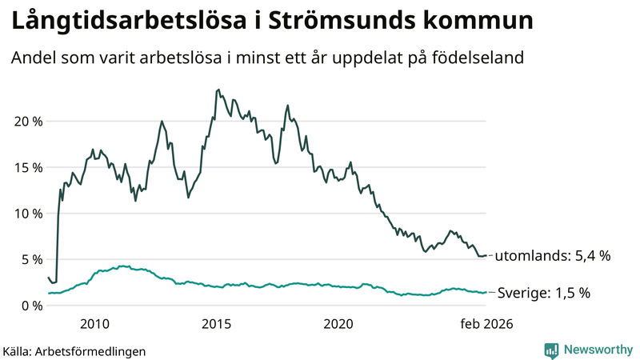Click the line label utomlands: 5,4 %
click(x=552, y=256)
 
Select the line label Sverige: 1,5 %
click(x=544, y=293)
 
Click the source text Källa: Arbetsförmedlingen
click(x=74, y=350)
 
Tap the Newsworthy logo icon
click(x=551, y=350)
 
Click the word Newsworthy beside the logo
click(x=596, y=350)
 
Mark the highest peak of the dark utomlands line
click(x=218, y=90)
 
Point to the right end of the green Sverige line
click(x=486, y=292)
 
